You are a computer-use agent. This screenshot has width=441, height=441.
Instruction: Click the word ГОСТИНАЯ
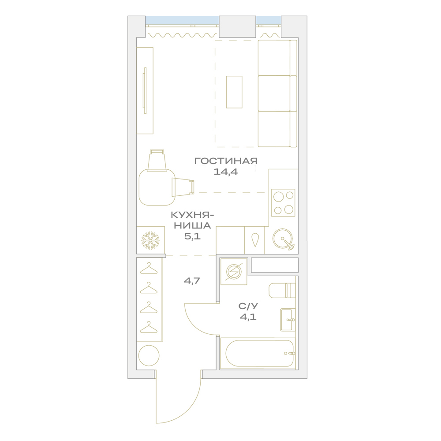coord(226,161)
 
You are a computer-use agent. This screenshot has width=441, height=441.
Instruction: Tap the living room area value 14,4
coord(225,172)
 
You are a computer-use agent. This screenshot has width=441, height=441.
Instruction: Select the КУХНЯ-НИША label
coord(192,220)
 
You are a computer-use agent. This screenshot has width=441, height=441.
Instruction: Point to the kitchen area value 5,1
coord(192,236)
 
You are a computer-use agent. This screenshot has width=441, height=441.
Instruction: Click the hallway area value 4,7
coord(192,280)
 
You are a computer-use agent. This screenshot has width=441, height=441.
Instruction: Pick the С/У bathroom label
coord(248,306)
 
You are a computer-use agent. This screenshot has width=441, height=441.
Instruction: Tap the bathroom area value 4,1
coord(248,317)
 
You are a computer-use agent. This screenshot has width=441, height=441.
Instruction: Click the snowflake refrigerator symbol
coord(150,240)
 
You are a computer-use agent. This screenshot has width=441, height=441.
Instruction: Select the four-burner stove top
coord(283,202)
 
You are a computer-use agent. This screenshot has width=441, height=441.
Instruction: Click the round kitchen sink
coord(283,239)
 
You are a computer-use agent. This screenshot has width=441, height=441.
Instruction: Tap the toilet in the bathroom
coord(282,290)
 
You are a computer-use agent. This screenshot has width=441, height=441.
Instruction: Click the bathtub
coord(258,354)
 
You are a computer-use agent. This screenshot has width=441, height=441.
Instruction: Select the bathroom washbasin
coord(288,319)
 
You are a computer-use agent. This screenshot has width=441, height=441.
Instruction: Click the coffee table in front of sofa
coord(234,92)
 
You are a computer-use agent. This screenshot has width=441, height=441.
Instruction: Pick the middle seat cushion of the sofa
coord(274,93)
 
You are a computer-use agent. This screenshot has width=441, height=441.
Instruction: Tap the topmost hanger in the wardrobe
coord(149,268)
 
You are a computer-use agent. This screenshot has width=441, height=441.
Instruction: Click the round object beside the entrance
coord(149,356)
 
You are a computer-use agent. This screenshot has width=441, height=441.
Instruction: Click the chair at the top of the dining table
coord(157,161)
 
